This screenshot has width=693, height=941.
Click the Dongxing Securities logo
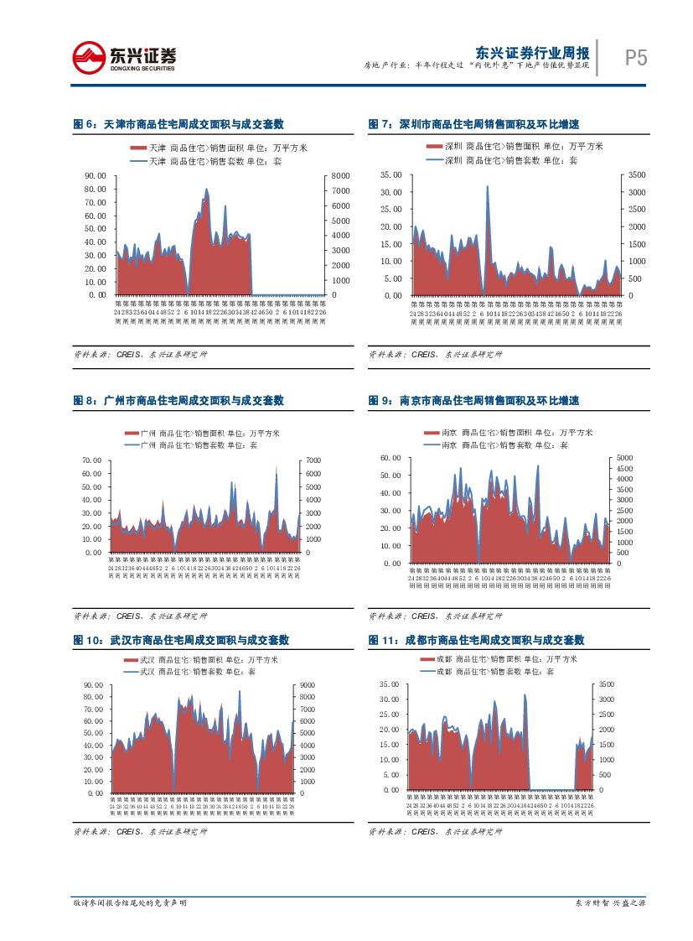click(124, 57)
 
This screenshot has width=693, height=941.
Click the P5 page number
click(636, 57)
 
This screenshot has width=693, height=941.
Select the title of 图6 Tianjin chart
click(178, 124)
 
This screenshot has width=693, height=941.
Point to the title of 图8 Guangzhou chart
click(178, 401)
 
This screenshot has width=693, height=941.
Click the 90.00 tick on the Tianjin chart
click(96, 175)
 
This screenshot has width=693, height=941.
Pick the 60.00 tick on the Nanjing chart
click(391, 458)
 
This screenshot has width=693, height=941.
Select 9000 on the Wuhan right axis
click(308, 685)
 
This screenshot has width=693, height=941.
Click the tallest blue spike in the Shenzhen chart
click(487, 188)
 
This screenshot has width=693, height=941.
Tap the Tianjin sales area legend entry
click(218, 148)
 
